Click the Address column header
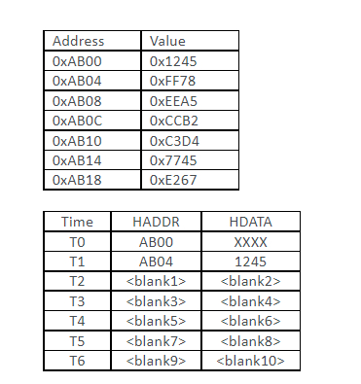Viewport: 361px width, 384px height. tap(78, 41)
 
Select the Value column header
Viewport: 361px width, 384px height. tap(166, 41)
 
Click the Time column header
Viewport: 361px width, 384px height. tap(77, 223)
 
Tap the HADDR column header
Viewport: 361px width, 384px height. tap(156, 223)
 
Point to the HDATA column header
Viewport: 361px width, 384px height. tap(251, 223)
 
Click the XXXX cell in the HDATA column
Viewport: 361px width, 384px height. tap(251, 242)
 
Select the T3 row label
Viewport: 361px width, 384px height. tap(77, 301)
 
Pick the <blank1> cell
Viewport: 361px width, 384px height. tap(156, 282)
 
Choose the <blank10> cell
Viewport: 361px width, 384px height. tap(251, 361)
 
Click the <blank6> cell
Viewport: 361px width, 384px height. tap(251, 321)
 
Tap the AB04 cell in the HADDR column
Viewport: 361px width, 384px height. tap(156, 262)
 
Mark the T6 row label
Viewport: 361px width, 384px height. tap(77, 361)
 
